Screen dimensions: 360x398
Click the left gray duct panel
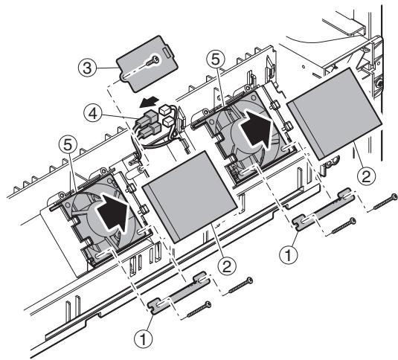183,203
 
